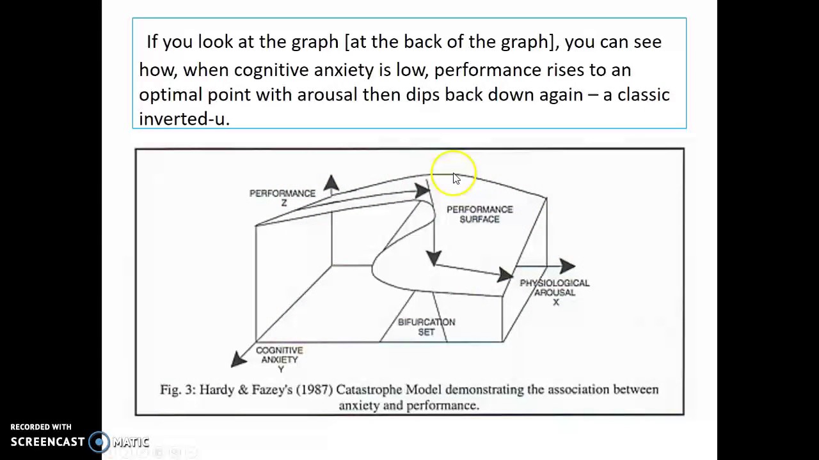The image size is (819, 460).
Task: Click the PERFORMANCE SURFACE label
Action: [479, 214]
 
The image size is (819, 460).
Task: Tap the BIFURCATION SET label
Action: [426, 326]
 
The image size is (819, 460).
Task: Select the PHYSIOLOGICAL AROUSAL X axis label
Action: [554, 291]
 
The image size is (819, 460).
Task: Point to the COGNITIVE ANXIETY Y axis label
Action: [279, 359]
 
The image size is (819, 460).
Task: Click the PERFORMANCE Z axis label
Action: [282, 197]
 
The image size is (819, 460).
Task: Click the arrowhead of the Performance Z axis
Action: [331, 183]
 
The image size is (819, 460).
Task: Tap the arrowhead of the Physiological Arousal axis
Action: [567, 266]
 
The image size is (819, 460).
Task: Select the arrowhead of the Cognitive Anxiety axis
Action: [239, 359]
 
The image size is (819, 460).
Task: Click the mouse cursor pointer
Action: [456, 178]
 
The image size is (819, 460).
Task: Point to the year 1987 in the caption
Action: [314, 390]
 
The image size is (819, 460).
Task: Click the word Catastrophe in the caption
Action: [369, 390]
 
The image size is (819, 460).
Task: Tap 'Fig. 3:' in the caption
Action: [177, 390]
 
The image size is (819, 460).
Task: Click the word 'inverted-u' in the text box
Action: [184, 119]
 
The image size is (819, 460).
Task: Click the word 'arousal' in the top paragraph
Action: [327, 95]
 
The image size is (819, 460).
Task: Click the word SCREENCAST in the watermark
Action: [47, 441]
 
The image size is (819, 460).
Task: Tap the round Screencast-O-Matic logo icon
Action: [99, 441]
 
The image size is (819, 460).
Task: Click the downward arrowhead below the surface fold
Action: [434, 258]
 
